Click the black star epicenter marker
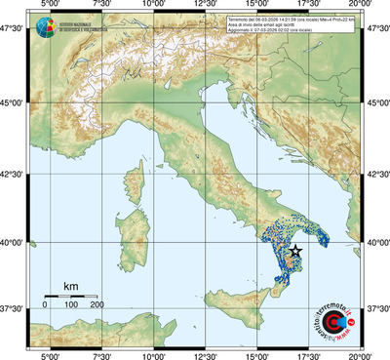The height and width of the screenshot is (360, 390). click(295, 251)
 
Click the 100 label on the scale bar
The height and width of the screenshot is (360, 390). click(71, 304)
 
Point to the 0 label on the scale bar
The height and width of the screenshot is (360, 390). click(45, 304)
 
